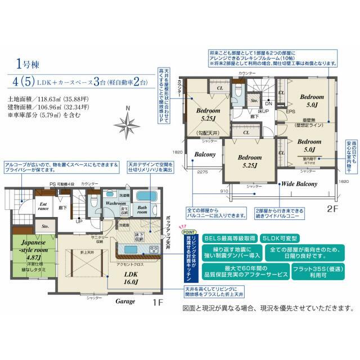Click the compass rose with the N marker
pyautogui.click(x=128, y=121)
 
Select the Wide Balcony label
pyautogui.click(x=300, y=183)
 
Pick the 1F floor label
pyautogui.click(x=157, y=302)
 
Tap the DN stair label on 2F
pyautogui.click(x=269, y=103)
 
